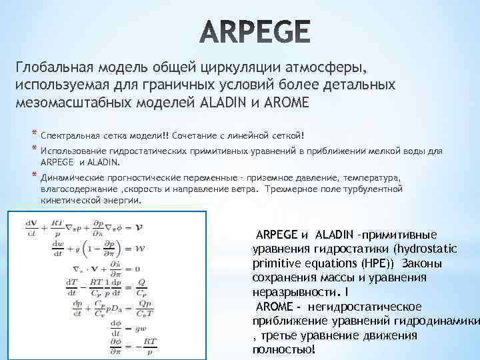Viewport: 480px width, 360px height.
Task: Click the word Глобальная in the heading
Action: pyautogui.click(x=54, y=68)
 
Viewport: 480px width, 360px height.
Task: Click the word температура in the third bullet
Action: pyautogui.click(x=369, y=179)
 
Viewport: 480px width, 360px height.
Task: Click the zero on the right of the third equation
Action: pyautogui.click(x=137, y=269)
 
